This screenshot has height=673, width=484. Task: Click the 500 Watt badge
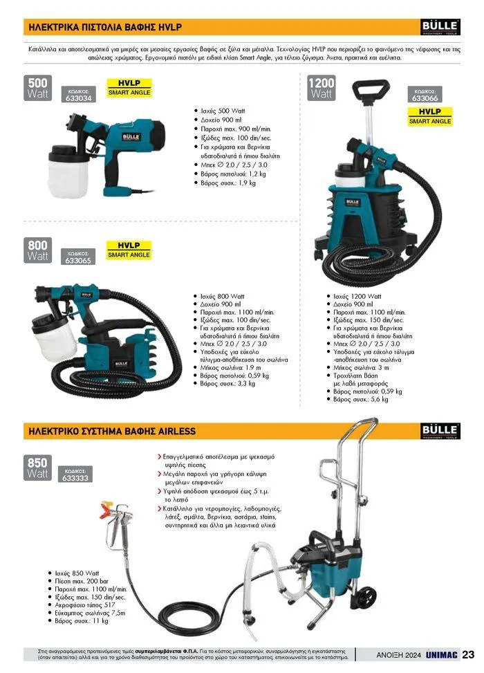(x=38, y=88)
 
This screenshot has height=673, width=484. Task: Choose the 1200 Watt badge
(x=322, y=88)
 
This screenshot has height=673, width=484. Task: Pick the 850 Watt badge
(x=37, y=468)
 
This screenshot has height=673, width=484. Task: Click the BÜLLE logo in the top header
(x=440, y=27)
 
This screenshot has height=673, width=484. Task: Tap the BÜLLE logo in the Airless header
(x=440, y=431)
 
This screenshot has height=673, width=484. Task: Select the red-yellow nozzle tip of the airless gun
(x=105, y=508)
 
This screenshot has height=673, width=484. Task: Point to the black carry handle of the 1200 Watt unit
(x=371, y=89)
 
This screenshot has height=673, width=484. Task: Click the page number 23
(x=469, y=654)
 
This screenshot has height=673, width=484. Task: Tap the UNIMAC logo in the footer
(x=442, y=654)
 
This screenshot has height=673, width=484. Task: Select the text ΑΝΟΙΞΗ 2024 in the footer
(x=399, y=655)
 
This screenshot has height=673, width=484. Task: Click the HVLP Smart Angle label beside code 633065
(x=129, y=250)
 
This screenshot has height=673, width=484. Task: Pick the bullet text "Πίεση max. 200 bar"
(x=82, y=581)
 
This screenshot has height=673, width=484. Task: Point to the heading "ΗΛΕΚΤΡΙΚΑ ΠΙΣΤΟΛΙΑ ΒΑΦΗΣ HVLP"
(x=105, y=27)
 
